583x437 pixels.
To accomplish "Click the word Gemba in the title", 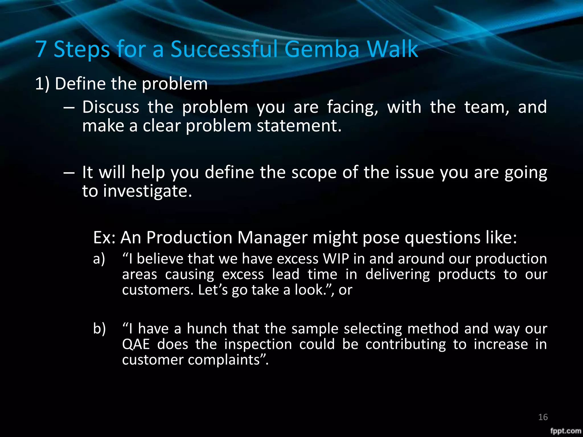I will coord(322,49).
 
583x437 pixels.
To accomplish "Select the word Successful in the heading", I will coord(224,49).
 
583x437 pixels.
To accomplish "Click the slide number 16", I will coord(543,417).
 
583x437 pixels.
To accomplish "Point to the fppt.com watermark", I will coord(566,431).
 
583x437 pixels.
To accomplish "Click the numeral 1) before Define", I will coord(42,84).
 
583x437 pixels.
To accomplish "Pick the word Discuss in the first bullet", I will coord(111,107).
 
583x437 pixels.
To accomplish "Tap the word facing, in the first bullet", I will coord(352,108).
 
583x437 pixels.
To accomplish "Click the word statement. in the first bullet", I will coord(299,126).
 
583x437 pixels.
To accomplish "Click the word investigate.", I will coord(147,191).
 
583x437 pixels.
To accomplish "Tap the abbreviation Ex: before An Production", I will coord(104,237).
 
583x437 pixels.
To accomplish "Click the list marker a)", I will coord(99,259).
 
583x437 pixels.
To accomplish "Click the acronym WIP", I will coord(336,259).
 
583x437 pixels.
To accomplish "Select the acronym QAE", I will coord(136,344).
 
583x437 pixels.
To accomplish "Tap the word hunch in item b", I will coord(207,329).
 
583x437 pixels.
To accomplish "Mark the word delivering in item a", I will coord(397,275).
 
